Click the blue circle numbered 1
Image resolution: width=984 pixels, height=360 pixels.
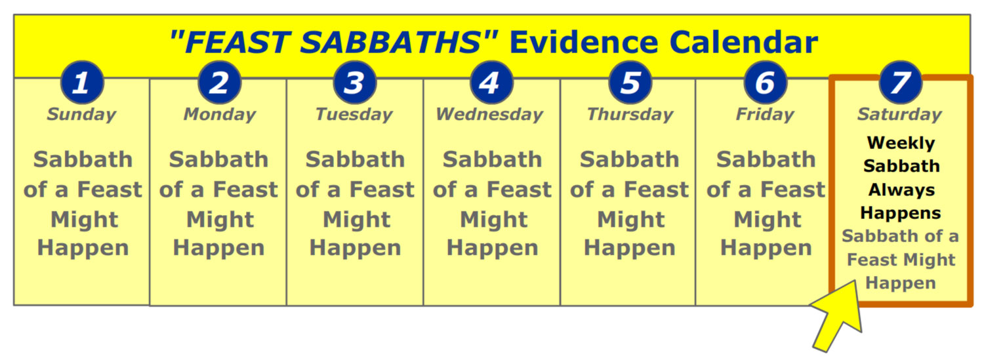point(82,83)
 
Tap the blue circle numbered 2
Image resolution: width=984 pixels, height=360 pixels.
point(220,83)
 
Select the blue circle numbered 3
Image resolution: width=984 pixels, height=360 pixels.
point(355,83)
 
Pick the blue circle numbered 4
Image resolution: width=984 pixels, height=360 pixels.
point(491,83)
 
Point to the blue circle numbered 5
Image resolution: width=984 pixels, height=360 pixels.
point(630,83)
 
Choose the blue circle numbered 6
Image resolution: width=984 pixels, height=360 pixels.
point(766,83)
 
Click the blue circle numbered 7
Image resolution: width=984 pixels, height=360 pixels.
point(901,83)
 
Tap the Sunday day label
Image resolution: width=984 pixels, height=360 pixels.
point(82,115)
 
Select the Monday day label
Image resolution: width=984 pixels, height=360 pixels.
point(220,115)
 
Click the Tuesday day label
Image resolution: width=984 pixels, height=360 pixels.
point(354,115)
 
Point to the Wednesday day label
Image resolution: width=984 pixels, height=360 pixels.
point(490,115)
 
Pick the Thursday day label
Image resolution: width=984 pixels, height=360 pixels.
point(630,115)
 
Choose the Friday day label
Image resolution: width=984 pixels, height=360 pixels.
point(766,115)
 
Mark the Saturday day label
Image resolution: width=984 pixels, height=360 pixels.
point(900,115)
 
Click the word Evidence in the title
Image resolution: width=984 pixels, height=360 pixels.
point(584,43)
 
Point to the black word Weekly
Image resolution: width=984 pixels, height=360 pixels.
point(901,143)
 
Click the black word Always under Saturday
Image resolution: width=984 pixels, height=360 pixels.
point(901,190)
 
